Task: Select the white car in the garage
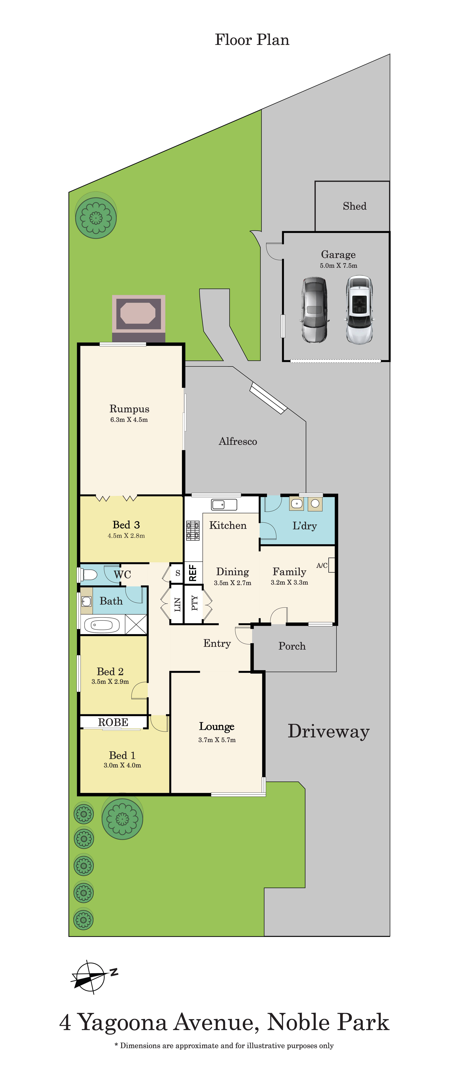tap(359, 309)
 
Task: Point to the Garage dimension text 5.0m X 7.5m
tap(338, 266)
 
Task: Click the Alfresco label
tap(238, 441)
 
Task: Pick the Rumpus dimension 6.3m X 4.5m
tap(129, 420)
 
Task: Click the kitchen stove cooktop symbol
tap(193, 530)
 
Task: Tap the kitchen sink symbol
tap(224, 504)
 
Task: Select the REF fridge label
tap(193, 573)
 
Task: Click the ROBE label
tap(113, 722)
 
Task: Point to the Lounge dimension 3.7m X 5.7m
tap(217, 740)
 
